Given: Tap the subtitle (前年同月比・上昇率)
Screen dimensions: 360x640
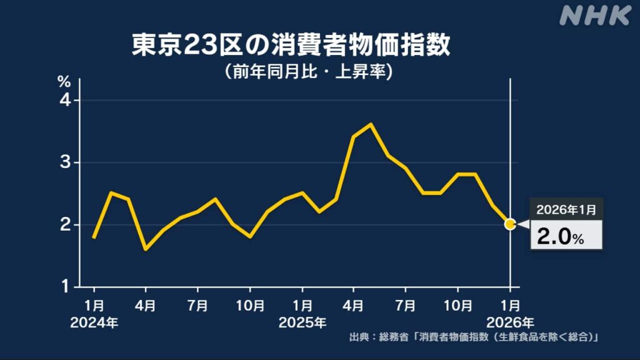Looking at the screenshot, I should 308,72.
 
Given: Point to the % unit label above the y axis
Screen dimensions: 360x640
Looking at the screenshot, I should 64,81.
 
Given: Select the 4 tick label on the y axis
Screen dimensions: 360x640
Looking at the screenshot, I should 65,101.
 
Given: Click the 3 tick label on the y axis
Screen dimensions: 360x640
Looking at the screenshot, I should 65,162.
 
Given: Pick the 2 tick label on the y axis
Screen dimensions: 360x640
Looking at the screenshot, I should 65,224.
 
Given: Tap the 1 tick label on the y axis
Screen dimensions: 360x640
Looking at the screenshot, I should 65,287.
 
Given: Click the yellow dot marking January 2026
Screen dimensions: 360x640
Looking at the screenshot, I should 510,224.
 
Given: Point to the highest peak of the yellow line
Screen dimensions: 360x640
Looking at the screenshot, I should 371,124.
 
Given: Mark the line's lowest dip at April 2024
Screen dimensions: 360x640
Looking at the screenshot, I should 146,249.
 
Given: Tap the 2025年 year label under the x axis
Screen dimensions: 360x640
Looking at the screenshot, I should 302,323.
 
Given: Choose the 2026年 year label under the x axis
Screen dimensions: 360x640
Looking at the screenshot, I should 511,323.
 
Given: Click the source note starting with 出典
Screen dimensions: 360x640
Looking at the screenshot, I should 474,338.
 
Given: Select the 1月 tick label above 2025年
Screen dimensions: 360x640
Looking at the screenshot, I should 302,307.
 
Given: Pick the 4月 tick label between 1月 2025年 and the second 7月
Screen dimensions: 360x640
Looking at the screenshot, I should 354,307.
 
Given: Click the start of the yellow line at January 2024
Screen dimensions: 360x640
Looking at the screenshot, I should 94,237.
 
